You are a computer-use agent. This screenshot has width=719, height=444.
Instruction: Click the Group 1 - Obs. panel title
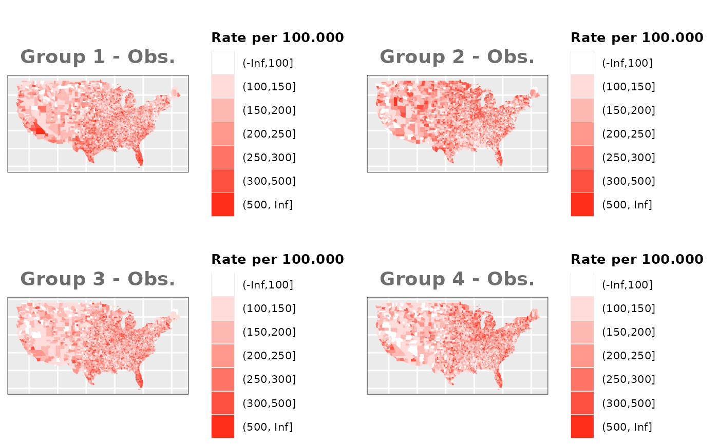[98, 57]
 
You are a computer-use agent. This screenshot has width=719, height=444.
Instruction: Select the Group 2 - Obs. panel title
[457, 57]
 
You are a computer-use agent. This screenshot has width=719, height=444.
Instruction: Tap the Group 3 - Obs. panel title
[98, 279]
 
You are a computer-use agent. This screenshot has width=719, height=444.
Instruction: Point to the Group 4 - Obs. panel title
[457, 279]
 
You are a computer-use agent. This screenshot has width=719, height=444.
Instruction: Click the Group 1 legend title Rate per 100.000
[277, 37]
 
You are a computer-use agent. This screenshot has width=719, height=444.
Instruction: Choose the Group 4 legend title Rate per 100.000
[637, 259]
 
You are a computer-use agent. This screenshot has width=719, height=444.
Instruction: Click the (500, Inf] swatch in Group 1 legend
[223, 205]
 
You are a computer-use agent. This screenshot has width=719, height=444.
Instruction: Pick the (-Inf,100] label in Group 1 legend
[268, 63]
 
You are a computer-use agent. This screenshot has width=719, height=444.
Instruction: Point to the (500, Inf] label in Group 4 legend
[627, 427]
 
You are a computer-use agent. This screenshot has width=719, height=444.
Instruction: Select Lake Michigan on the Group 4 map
[483, 324]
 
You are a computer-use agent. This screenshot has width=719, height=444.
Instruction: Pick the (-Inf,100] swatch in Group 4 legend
[582, 285]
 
